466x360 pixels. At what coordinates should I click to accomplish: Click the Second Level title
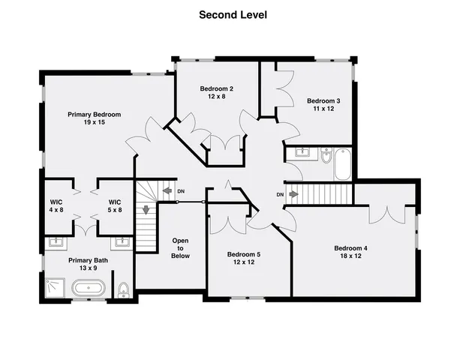click(x=233, y=14)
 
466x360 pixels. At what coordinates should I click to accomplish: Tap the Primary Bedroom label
click(x=94, y=115)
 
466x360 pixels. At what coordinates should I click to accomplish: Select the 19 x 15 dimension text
click(x=94, y=123)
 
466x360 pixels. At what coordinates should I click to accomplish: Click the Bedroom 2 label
click(x=212, y=89)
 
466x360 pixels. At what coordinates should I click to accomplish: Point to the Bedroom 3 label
click(x=323, y=101)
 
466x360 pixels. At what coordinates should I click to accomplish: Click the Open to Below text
click(x=180, y=248)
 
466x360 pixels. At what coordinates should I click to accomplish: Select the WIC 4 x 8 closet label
click(x=56, y=206)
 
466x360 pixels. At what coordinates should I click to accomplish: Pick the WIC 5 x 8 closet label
click(x=115, y=206)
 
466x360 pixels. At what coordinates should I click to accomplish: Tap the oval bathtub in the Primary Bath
click(x=88, y=287)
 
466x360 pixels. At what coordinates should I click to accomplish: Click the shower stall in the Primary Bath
click(x=54, y=287)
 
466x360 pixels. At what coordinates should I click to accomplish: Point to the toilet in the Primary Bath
click(x=124, y=289)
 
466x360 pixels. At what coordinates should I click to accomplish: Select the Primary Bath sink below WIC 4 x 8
click(x=56, y=242)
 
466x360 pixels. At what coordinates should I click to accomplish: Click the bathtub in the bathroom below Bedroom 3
click(x=342, y=164)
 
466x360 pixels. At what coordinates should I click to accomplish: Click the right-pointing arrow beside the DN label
click(x=294, y=195)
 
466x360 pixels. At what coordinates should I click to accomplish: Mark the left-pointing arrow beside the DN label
click(x=167, y=191)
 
